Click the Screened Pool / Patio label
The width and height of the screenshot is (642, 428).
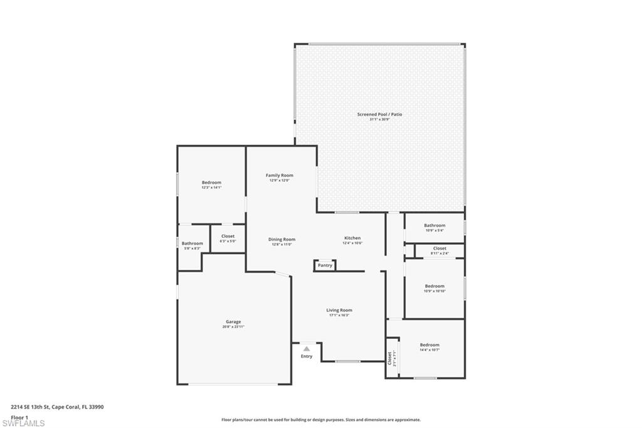pos(379,114)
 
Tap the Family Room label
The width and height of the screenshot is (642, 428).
pos(279,176)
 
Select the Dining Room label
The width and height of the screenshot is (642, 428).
pos(282,239)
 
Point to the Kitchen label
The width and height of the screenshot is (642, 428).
pos(352,238)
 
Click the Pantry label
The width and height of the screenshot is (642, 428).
pos(325,265)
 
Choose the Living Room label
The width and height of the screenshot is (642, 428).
pos(339,310)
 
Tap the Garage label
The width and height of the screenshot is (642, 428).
pos(233,322)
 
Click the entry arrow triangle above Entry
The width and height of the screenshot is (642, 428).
pos(307,349)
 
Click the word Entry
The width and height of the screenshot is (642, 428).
pos(307,356)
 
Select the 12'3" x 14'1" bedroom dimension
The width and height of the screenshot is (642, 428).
pos(211,188)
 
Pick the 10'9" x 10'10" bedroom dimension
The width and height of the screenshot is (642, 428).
pos(434,291)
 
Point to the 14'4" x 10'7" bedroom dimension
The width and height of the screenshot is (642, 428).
pos(429,350)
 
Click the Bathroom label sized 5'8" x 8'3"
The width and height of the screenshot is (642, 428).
pos(192,243)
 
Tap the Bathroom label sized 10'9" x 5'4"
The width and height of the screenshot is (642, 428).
pos(434,225)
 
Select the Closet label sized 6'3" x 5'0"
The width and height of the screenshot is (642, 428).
pos(228,237)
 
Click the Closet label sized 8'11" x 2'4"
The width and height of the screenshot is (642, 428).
pos(439,249)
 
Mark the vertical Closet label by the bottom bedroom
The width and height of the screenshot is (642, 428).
pos(389,358)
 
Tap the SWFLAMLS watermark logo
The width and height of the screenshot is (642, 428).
pos(23,423)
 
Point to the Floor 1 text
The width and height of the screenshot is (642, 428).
pos(20,417)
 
